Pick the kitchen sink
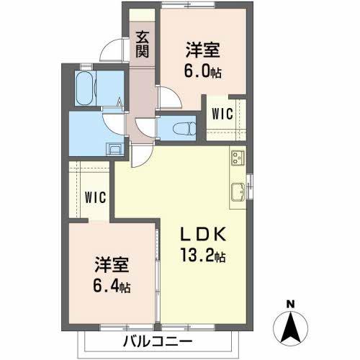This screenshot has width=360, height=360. point(236,192)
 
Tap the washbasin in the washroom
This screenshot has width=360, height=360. point(113,150)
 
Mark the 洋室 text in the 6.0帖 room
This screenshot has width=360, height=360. point(202,50)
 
